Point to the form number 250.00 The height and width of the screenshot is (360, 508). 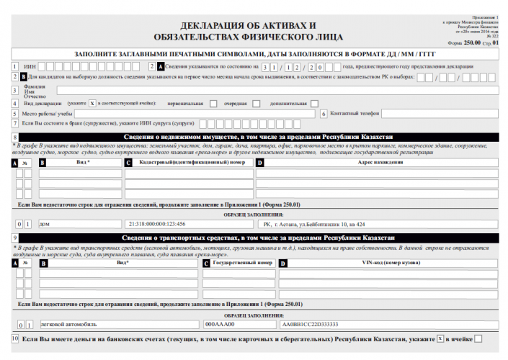(x=472, y=43)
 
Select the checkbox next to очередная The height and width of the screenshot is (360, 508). (x=256, y=103)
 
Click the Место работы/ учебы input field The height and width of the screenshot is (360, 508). (x=195, y=114)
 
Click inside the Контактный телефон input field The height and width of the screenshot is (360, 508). (x=440, y=114)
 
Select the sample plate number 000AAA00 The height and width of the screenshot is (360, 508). (x=220, y=324)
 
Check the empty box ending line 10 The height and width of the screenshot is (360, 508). (x=478, y=338)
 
